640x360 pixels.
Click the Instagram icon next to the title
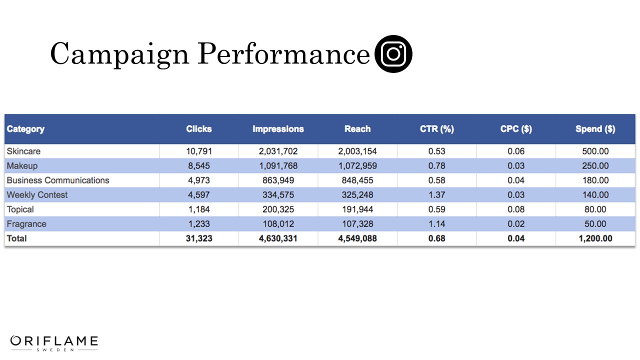393,54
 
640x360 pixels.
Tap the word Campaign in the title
119,54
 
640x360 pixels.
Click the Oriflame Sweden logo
54,343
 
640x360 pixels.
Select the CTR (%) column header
436,129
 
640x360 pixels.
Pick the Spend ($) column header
595,129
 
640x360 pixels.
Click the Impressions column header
278,129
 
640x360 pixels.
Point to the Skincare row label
23,151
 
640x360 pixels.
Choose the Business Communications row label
58,180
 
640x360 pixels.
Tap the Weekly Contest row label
37,194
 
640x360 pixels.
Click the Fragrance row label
26,224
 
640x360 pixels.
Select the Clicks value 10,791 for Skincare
199,151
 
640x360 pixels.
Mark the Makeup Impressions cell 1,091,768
278,165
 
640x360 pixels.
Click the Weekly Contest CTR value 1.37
436,194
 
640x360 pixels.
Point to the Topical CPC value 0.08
516,209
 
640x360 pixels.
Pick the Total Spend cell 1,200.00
595,238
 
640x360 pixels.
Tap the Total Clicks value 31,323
199,238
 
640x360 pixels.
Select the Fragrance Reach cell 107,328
357,224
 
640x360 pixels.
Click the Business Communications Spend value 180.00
595,180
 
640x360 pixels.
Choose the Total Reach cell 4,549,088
357,238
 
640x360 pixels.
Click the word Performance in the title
283,54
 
